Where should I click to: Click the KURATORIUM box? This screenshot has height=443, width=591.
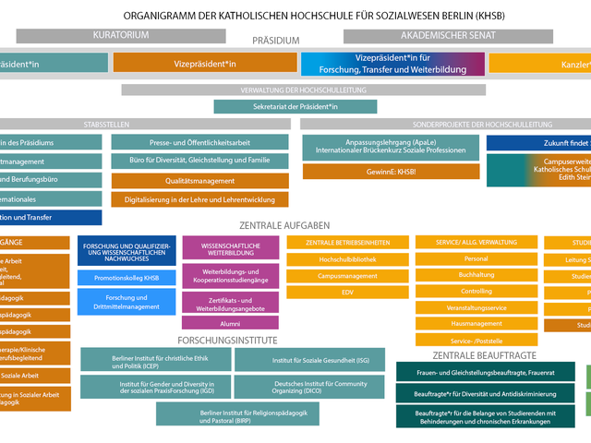[x=120, y=35]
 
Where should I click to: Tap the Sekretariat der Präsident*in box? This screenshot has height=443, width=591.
[x=295, y=106]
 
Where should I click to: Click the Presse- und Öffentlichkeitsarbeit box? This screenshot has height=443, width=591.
[x=200, y=142]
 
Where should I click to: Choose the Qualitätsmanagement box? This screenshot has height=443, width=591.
[x=200, y=182]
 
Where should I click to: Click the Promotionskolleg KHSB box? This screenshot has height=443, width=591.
[x=127, y=278]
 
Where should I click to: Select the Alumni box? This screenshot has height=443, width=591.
[x=230, y=324]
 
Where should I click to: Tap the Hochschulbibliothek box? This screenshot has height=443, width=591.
[x=347, y=259]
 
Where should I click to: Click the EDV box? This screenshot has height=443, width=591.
[x=347, y=292]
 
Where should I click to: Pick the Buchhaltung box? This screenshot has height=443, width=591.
[x=476, y=275]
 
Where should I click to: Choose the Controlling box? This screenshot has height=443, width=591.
[x=476, y=292]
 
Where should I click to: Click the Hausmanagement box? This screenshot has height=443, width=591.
[x=476, y=324]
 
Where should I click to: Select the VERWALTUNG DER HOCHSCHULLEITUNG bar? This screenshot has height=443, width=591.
[x=304, y=90]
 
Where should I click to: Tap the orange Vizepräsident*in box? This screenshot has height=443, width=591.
[x=205, y=64]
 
